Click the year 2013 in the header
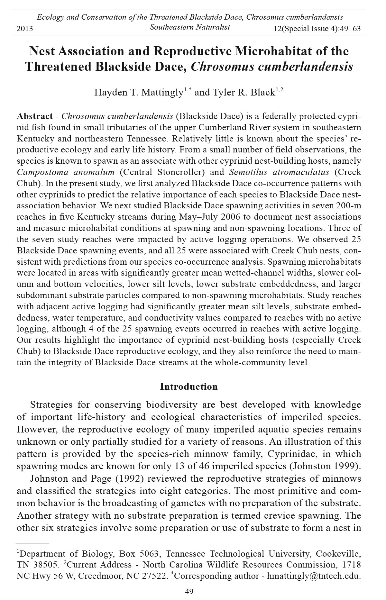click(x=25, y=29)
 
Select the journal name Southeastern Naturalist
click(x=190, y=27)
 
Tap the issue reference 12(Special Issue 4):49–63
click(x=317, y=29)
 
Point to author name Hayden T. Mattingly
click(x=138, y=93)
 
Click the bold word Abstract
click(x=35, y=116)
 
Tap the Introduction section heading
click(x=189, y=386)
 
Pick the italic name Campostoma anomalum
click(x=66, y=172)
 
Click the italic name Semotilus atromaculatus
click(x=279, y=172)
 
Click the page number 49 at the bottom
click(x=189, y=592)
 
